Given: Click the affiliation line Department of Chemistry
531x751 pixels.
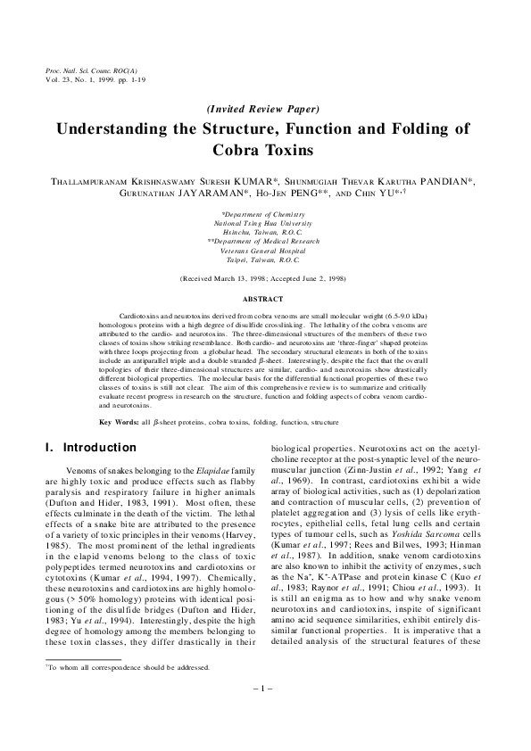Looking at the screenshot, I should pyautogui.click(x=264, y=215).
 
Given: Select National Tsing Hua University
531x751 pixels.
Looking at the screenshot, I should pyautogui.click(x=264, y=223).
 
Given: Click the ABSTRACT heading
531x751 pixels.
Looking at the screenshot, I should pyautogui.click(x=264, y=300).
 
